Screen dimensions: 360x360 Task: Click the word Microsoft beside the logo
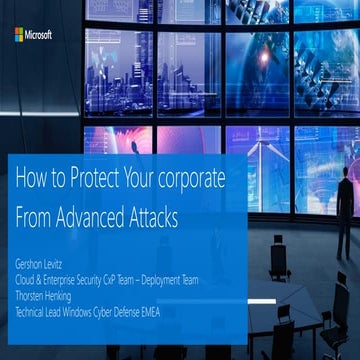tap(40, 35)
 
